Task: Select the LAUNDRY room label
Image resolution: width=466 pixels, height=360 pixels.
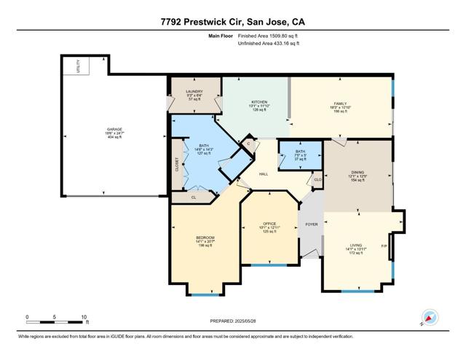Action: pos(193,92)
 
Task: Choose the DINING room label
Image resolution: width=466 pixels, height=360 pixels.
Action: pos(355,173)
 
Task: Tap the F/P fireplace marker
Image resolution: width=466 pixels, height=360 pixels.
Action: pos(384,246)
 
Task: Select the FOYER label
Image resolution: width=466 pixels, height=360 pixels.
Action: pos(311,224)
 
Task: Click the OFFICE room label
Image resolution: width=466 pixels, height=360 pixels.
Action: pos(270,224)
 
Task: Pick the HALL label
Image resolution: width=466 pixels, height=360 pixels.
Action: pos(266,174)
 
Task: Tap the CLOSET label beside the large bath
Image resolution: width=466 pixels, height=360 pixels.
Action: pos(177,166)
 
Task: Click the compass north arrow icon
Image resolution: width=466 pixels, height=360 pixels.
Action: pos(428,318)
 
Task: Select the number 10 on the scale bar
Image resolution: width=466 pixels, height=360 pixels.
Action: pos(84,317)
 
